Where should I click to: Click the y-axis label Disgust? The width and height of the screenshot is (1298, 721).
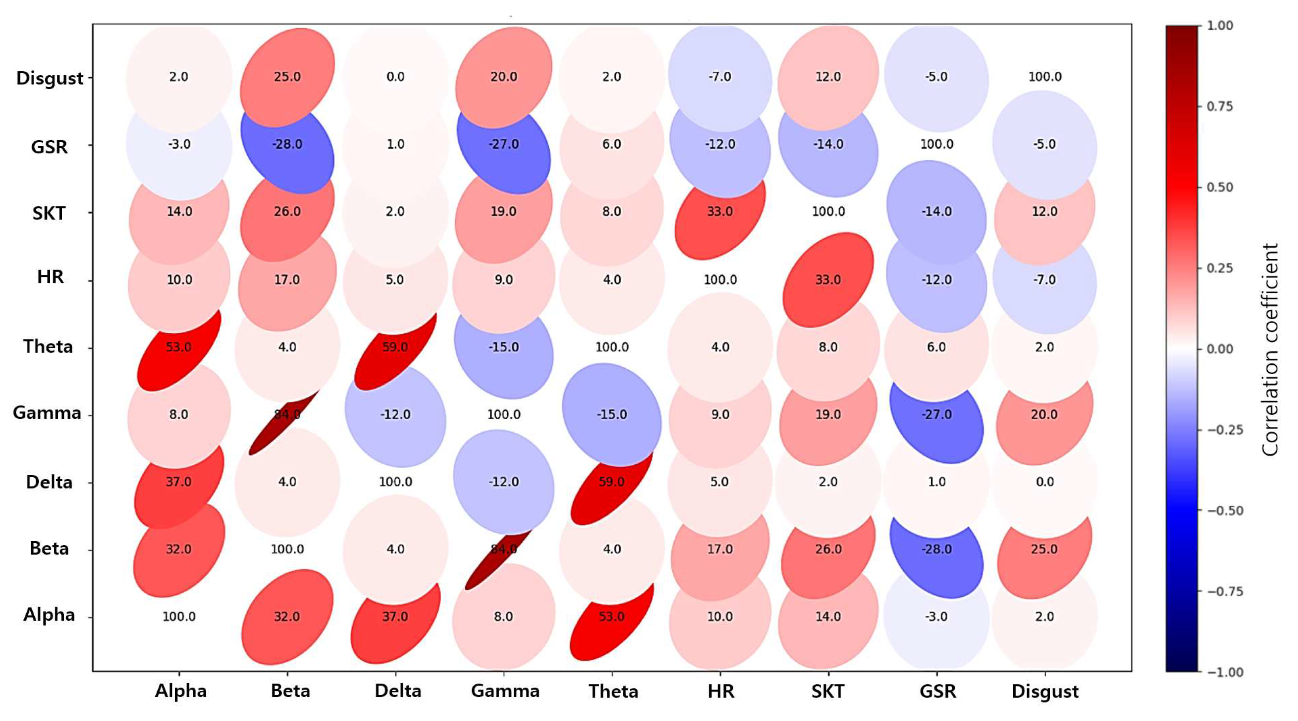coord(49,78)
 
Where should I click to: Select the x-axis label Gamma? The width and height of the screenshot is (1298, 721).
coord(505,690)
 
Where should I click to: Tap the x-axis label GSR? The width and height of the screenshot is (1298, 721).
coord(937,691)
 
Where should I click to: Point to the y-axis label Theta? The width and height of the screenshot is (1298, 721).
coord(48,346)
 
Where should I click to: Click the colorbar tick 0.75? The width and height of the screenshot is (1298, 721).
coord(1220,106)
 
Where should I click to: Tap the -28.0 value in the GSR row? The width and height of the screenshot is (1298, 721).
coord(287,144)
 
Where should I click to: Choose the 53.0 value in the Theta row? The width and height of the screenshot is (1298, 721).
coord(179,347)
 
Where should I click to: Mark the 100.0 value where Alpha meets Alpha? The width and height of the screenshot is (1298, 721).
coord(179,617)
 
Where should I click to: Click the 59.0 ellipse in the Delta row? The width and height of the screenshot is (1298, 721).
coord(611,482)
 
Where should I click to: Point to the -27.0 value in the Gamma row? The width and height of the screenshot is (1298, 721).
coord(936,415)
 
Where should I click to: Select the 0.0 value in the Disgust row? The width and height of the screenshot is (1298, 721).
coord(395,77)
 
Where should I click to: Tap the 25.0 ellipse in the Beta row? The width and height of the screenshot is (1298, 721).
coord(1044,549)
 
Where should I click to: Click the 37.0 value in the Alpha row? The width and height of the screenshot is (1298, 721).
coord(395,617)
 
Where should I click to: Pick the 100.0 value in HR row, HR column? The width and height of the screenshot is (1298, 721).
coord(720,279)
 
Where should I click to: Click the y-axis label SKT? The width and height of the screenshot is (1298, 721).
coord(49,213)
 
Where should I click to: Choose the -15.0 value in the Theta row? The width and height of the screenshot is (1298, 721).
coord(503,347)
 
